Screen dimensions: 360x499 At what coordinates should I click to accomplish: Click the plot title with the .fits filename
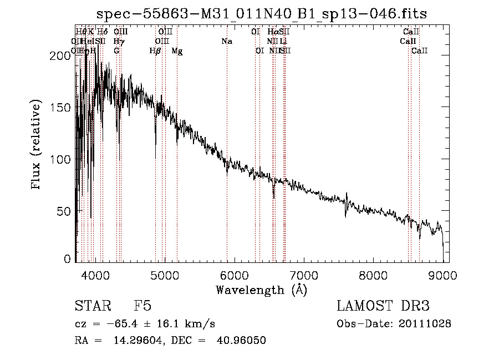click(x=262, y=14)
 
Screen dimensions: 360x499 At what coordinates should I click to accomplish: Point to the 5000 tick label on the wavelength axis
click(x=164, y=274)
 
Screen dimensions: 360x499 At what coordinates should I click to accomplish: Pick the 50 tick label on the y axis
click(x=63, y=211)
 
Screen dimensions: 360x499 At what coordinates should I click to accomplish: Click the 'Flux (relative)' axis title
click(x=37, y=145)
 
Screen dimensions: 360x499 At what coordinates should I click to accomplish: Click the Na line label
click(x=226, y=42)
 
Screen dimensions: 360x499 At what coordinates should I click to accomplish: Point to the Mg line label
click(x=177, y=51)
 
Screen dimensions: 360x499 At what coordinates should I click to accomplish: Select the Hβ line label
click(x=155, y=51)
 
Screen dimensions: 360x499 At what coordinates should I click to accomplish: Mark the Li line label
click(x=283, y=42)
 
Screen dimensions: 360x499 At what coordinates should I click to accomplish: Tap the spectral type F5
click(x=142, y=307)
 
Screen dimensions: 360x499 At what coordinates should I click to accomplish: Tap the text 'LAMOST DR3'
click(x=383, y=307)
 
